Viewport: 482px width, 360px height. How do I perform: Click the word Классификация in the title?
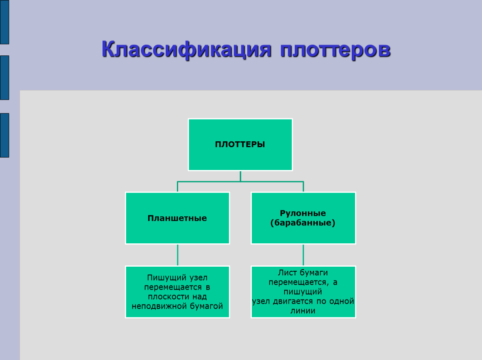pos(186,50)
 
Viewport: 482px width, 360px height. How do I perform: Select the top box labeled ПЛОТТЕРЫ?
pos(241,145)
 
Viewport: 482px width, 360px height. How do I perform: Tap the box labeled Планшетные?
pos(178,218)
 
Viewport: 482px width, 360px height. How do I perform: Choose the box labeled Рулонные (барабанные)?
pos(303,218)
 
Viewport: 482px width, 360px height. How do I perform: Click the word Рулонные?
pos(303,213)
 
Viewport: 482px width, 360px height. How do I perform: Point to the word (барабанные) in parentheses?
pos(303,223)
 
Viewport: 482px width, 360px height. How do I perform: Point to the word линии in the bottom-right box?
pos(303,311)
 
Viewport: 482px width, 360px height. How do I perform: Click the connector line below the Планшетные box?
pos(178,255)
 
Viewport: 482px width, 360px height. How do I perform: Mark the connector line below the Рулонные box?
pos(303,255)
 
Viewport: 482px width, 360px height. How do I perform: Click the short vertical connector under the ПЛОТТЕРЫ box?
pos(241,176)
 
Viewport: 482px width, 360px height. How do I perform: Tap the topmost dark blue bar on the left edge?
pos(5,22)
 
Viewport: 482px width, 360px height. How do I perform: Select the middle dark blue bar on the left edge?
pos(5,78)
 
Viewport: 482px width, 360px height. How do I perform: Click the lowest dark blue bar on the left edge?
pos(5,135)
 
